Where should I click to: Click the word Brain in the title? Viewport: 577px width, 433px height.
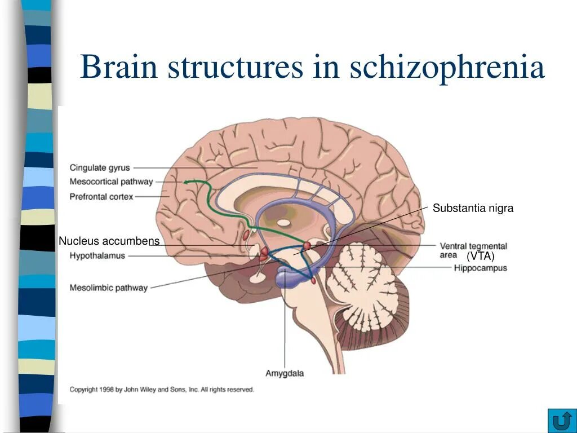click(x=118, y=67)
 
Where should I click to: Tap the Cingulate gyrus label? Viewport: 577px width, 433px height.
click(x=100, y=167)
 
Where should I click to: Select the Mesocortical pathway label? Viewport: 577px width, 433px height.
click(x=111, y=182)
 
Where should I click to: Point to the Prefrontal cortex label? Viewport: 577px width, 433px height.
click(x=101, y=197)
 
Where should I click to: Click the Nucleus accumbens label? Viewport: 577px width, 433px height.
click(x=109, y=241)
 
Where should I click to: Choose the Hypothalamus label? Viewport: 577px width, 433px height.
click(x=97, y=255)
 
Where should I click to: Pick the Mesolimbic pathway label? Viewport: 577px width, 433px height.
click(x=109, y=288)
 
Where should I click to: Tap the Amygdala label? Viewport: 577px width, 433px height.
click(x=285, y=373)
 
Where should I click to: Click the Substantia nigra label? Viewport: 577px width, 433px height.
click(x=473, y=209)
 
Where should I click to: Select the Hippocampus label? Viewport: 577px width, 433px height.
click(x=481, y=268)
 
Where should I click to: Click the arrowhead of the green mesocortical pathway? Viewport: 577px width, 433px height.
click(x=188, y=182)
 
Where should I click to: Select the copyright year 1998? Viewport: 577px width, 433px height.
click(x=105, y=390)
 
